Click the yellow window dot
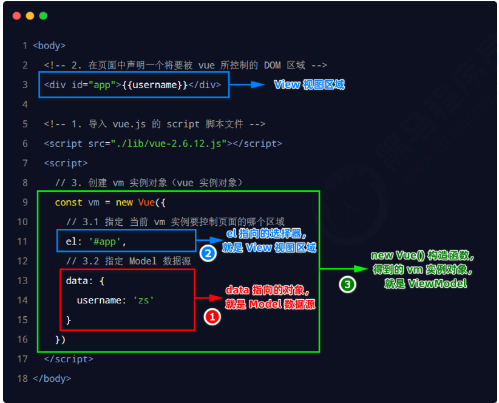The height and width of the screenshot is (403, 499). pos(30,15)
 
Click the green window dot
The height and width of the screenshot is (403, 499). pos(43,15)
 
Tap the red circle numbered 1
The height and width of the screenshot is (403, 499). pos(211,316)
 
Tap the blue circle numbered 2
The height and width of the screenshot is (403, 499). pos(208,254)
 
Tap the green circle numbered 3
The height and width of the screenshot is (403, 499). pos(347,283)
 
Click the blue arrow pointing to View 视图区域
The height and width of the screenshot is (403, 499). pos(249,85)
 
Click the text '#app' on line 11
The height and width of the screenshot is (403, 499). pos(107,242)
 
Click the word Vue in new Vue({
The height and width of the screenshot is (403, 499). pos(146,202)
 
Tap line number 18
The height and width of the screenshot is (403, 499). pos(22,378)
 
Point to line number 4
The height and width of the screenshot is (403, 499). pos(25,104)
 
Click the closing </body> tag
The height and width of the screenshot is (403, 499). pos(52,378)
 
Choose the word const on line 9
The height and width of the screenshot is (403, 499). pos(69,202)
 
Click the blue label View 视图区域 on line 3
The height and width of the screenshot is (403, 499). pos(310,85)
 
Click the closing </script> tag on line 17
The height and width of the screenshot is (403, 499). pos(69,359)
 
